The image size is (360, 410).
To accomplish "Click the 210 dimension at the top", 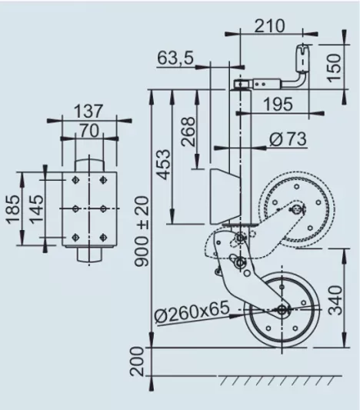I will tap(269, 25).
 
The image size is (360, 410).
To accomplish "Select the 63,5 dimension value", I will tap(176, 58).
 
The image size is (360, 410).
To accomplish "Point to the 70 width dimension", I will tap(88, 130).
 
